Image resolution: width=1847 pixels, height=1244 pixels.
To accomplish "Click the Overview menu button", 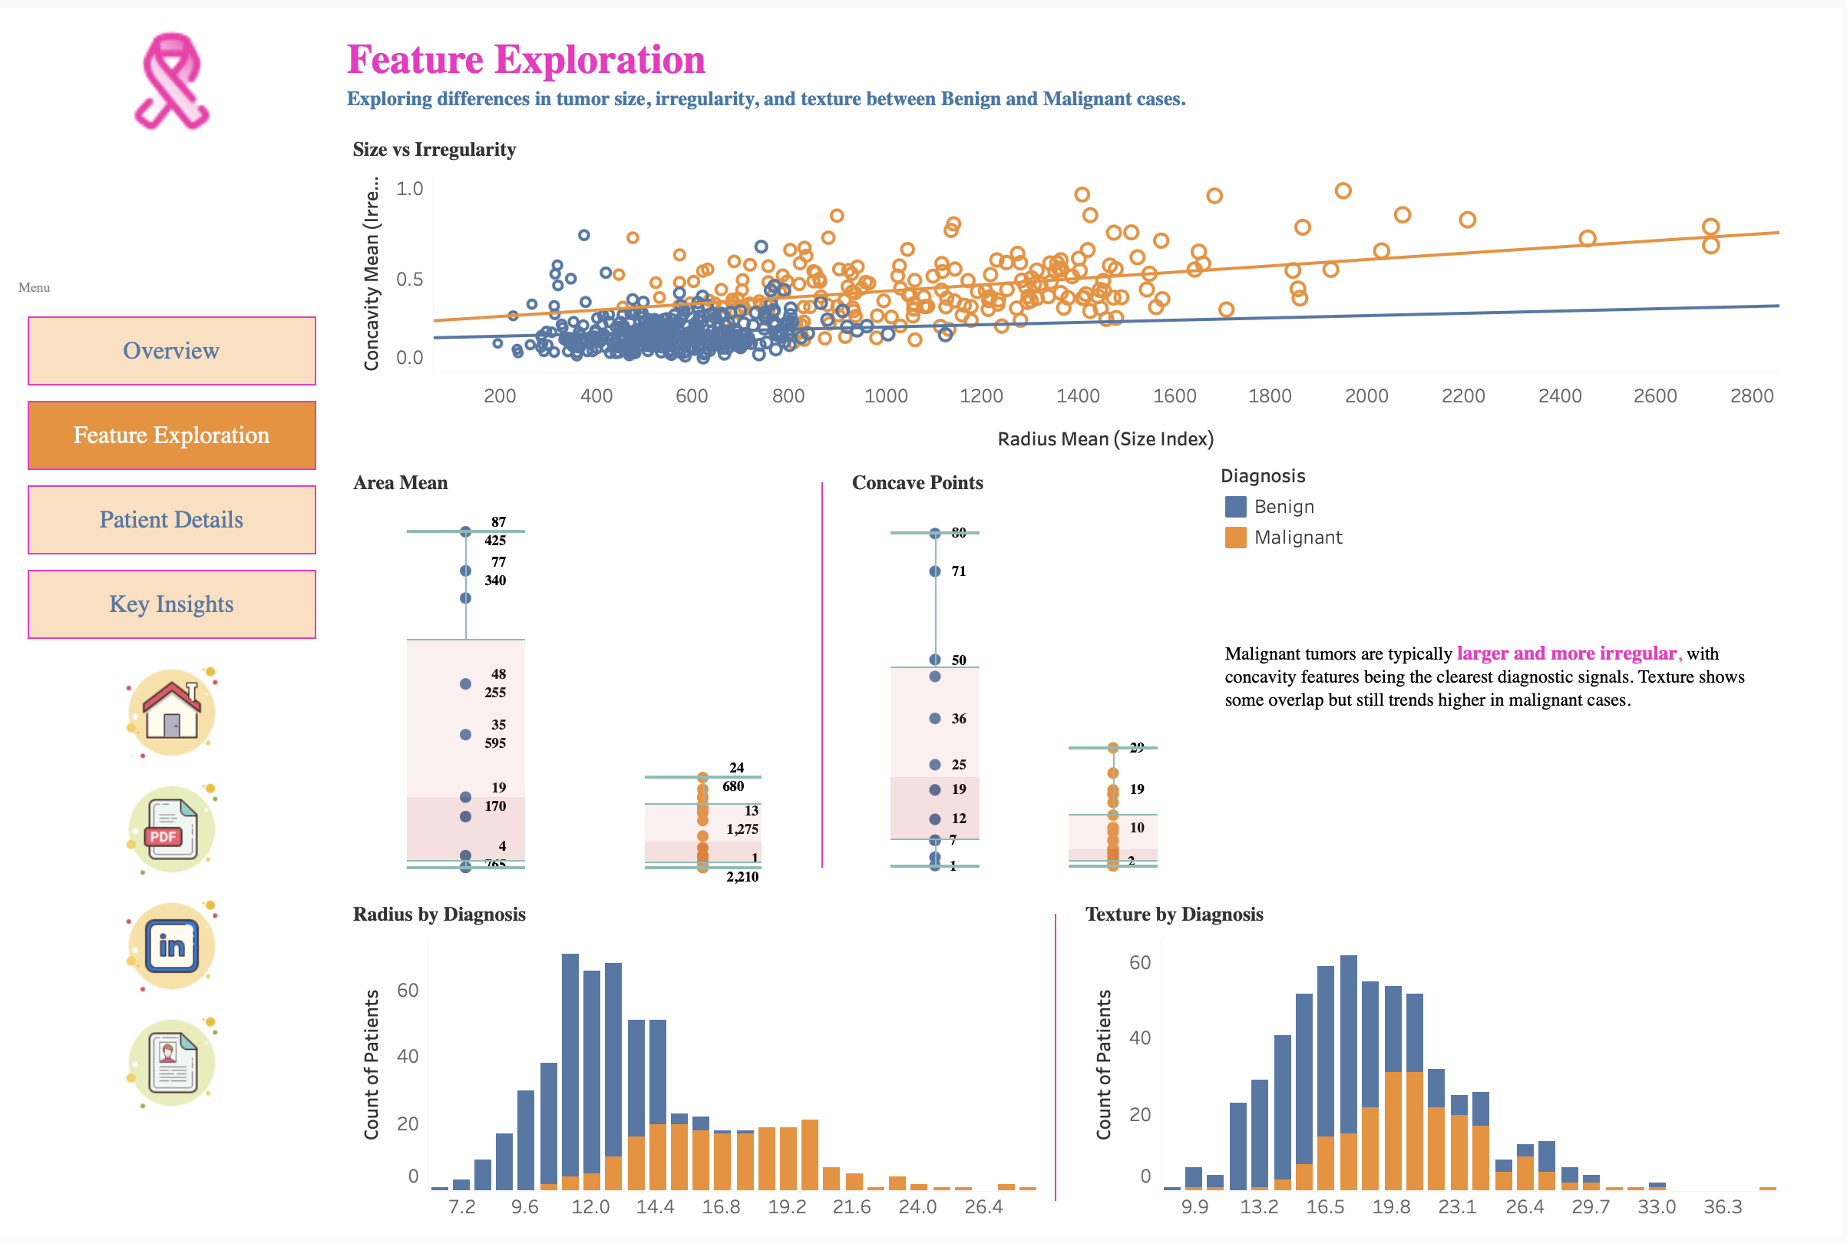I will tap(171, 351).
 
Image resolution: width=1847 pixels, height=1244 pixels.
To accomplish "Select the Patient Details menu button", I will tap(171, 520).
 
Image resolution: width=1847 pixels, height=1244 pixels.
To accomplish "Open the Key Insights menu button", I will tap(171, 604).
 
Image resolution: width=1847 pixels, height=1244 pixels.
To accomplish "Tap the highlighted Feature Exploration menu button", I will tap(171, 435).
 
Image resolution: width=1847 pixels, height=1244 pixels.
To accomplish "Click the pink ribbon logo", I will tap(171, 81).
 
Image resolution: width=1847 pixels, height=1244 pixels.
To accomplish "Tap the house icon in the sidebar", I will tap(171, 711).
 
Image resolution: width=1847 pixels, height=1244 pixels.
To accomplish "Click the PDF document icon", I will tap(171, 829).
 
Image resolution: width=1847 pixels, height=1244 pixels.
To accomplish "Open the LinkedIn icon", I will tap(171, 946).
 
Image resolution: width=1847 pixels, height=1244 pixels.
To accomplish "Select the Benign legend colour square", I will tap(1234, 506).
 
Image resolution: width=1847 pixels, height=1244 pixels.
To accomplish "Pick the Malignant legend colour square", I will tap(1234, 537).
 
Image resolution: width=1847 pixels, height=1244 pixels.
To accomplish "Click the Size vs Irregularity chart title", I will tap(434, 149).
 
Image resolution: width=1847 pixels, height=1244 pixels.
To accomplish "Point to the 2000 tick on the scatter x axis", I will tap(1366, 396).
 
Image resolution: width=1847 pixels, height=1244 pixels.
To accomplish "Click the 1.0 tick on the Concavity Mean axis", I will tap(409, 189).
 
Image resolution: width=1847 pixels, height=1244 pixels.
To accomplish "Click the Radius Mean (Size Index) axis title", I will tap(1105, 438).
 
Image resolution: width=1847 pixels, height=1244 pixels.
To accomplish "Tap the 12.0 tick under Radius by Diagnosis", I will tap(590, 1206).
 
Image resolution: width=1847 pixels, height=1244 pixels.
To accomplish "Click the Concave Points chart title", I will tap(917, 482).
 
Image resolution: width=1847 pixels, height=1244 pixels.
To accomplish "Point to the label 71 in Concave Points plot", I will tap(958, 571).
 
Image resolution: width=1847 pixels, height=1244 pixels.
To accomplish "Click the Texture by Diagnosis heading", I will tap(1174, 914).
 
